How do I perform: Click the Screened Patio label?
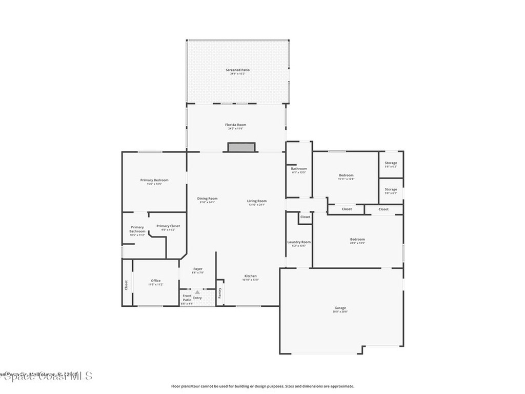(x=238, y=70)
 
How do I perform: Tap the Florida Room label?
(x=236, y=125)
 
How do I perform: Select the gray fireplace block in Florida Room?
(x=241, y=147)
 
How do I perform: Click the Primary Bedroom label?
(x=154, y=180)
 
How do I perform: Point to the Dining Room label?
(x=207, y=199)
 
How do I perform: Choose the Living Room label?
(x=257, y=201)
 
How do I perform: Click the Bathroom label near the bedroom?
(x=299, y=169)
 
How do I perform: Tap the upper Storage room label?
(x=391, y=163)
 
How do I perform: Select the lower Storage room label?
(x=391, y=189)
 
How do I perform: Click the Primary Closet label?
(x=168, y=226)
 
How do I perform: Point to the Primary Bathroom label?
(x=137, y=229)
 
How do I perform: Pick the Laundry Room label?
(x=299, y=242)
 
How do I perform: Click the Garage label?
(x=340, y=308)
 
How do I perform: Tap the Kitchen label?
(x=250, y=276)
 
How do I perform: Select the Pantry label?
(x=220, y=292)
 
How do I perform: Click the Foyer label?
(x=197, y=269)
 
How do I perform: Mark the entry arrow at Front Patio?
(x=197, y=292)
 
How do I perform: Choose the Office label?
(x=156, y=281)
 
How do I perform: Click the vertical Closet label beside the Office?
(x=126, y=285)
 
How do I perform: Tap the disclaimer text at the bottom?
(x=262, y=386)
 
